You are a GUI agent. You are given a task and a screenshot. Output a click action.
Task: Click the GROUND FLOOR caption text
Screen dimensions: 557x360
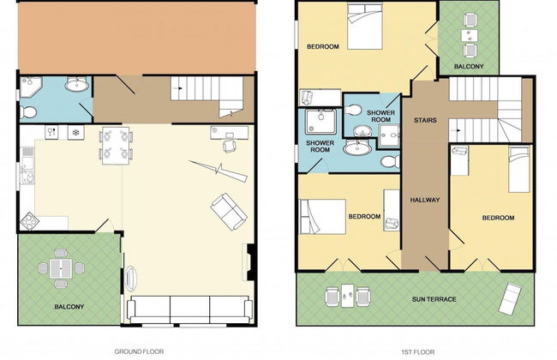click(x=139, y=351)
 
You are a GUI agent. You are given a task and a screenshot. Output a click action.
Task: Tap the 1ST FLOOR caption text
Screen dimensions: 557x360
click(x=418, y=352)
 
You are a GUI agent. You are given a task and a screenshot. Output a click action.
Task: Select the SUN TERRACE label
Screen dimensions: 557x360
click(x=434, y=299)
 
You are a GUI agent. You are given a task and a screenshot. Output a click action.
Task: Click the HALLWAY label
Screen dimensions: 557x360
click(x=425, y=200)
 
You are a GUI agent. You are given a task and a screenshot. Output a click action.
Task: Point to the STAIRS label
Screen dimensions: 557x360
click(x=425, y=120)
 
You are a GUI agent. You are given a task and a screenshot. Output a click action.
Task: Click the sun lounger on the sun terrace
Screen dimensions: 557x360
click(x=511, y=298)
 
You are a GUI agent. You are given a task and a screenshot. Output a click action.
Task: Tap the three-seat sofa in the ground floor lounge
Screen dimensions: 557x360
click(x=189, y=309)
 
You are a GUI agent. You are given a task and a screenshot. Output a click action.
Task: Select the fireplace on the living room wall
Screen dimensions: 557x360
click(x=249, y=262)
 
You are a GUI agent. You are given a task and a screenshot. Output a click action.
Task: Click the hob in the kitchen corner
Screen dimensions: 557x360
click(x=29, y=222)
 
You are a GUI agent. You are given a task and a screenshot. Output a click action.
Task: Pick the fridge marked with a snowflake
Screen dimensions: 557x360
click(x=75, y=133)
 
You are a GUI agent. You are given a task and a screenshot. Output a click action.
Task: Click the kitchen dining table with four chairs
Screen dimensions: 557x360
click(x=116, y=146)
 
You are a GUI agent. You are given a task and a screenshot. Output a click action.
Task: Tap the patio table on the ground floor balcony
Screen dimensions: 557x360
click(x=61, y=268)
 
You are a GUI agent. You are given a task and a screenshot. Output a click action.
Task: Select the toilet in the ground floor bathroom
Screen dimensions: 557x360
click(x=27, y=112)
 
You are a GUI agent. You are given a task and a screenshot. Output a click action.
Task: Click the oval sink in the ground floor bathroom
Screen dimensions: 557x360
click(x=76, y=85)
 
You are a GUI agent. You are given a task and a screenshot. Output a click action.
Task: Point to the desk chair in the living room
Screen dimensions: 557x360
click(x=230, y=146)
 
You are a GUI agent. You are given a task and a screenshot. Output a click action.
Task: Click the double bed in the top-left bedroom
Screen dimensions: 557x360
click(x=365, y=27)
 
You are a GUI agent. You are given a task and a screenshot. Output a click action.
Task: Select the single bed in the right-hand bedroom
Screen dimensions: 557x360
click(x=519, y=170)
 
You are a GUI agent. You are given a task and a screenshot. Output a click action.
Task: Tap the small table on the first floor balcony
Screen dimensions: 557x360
click(x=470, y=35)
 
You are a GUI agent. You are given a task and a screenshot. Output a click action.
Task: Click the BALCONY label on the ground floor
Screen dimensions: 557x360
click(x=69, y=307)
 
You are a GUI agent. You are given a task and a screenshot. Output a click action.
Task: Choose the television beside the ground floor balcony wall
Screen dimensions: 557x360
click(x=130, y=278)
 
